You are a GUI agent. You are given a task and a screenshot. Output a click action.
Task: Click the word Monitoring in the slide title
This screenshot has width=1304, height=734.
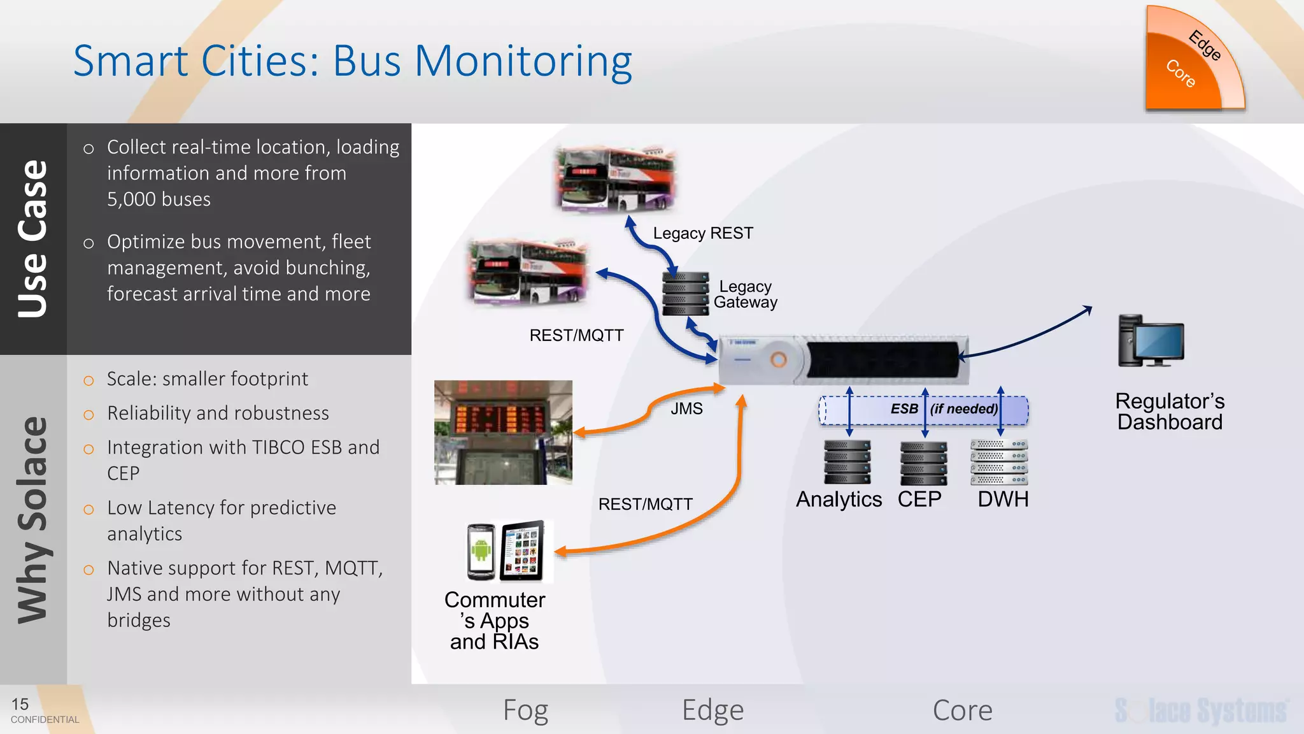(523, 62)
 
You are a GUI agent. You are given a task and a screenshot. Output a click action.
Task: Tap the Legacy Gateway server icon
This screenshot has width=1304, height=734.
(685, 294)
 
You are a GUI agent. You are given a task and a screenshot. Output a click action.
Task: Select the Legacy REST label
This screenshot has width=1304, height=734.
(703, 233)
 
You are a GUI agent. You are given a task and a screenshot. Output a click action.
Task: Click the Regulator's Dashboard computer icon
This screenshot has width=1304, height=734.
(1151, 341)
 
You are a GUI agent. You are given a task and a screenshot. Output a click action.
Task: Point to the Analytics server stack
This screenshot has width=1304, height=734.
(847, 463)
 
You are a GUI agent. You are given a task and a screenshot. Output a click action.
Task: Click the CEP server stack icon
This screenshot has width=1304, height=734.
(923, 463)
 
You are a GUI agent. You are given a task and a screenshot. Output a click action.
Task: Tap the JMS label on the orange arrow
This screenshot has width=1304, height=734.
(686, 408)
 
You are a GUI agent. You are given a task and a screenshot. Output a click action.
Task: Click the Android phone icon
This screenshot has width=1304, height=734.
(481, 551)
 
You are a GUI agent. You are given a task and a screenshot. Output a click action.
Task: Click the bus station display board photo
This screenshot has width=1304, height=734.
(503, 433)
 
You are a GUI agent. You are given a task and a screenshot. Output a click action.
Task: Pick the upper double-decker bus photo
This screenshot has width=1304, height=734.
(615, 180)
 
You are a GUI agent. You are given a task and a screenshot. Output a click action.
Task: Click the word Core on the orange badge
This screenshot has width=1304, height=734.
(1180, 73)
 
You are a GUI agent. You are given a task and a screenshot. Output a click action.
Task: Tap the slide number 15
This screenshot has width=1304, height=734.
(20, 704)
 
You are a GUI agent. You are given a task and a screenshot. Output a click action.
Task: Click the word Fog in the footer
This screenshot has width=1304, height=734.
(525, 710)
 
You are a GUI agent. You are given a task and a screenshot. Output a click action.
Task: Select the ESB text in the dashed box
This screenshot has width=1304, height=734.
(904, 409)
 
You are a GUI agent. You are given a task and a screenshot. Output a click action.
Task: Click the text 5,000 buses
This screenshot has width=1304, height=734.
(159, 199)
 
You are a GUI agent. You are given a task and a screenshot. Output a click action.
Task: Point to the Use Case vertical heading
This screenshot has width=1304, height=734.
(33, 239)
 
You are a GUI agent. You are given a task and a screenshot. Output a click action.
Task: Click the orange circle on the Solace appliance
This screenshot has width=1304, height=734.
(778, 360)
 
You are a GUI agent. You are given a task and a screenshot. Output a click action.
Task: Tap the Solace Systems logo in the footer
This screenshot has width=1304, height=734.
(1201, 710)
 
